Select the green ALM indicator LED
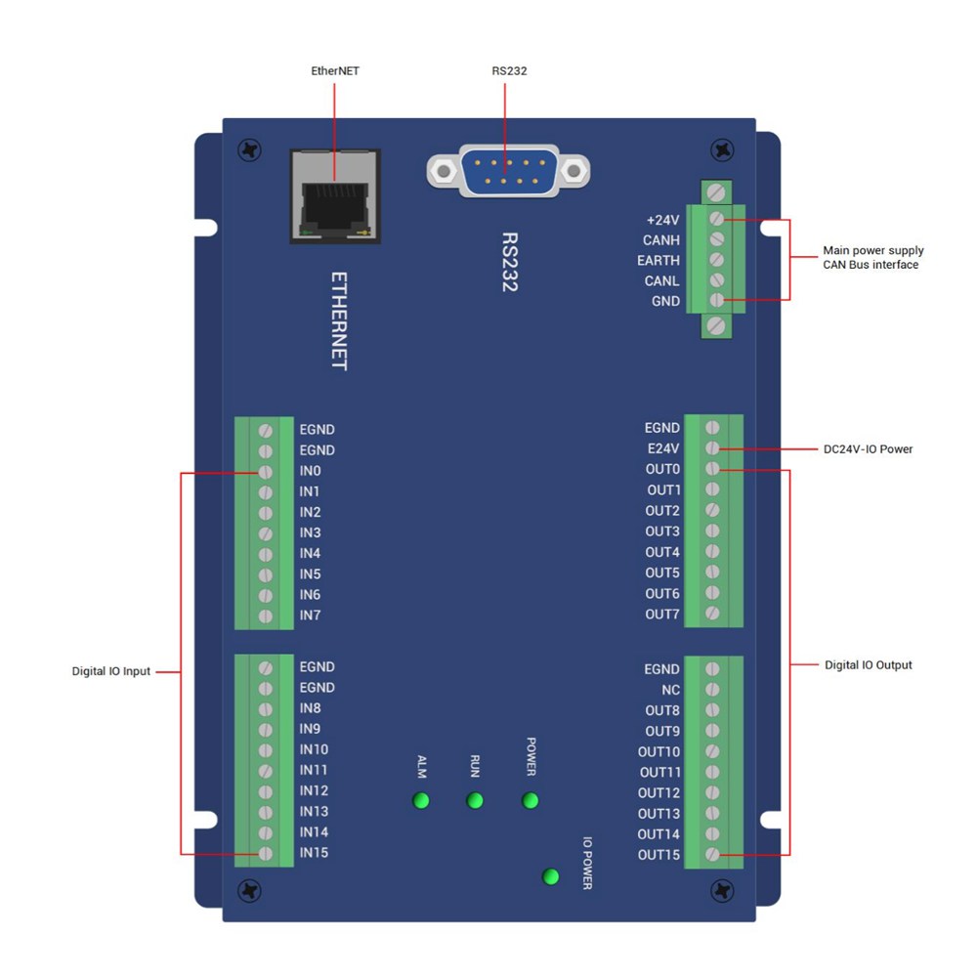click(422, 801)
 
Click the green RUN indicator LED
click(475, 801)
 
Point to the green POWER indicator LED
click(531, 801)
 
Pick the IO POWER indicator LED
click(551, 876)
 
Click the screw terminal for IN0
click(265, 472)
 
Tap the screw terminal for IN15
click(265, 853)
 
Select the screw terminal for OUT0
click(713, 469)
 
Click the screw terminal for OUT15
click(713, 855)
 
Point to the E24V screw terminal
click(713, 448)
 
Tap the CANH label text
click(661, 240)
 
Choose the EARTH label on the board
click(658, 261)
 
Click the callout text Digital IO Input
click(111, 672)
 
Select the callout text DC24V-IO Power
click(869, 450)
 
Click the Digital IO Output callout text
click(869, 665)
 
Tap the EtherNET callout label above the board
click(335, 71)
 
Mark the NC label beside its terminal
click(670, 690)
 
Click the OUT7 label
click(661, 615)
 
